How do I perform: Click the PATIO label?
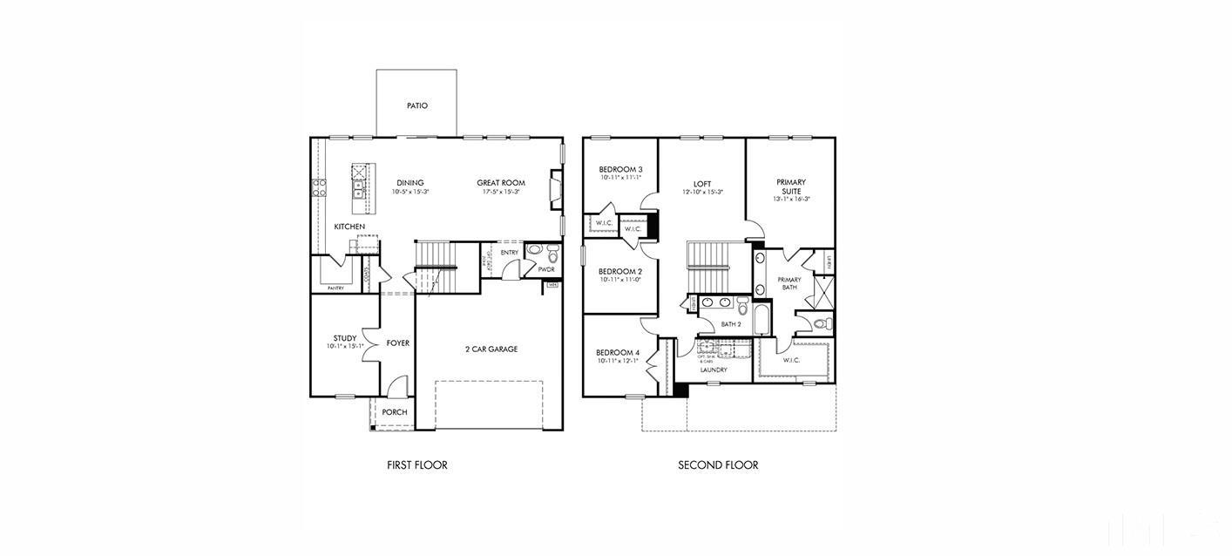click(416, 105)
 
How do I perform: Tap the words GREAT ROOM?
click(500, 183)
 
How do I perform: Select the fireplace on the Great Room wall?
click(554, 192)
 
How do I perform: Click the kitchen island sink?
click(358, 186)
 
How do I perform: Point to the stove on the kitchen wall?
click(319, 186)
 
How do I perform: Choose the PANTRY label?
click(335, 288)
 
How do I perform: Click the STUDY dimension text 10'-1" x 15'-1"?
click(344, 346)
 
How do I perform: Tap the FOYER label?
click(397, 343)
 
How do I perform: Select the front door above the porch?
click(397, 385)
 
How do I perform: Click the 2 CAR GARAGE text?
click(491, 349)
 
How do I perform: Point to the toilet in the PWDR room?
click(534, 250)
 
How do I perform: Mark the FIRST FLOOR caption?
click(416, 465)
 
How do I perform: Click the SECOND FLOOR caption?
click(718, 465)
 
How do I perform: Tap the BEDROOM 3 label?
click(620, 169)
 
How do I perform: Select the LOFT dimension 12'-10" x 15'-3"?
click(702, 192)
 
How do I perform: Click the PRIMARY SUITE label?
click(791, 186)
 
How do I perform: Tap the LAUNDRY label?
click(714, 370)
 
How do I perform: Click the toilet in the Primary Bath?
click(822, 324)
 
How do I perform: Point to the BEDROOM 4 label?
click(618, 353)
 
